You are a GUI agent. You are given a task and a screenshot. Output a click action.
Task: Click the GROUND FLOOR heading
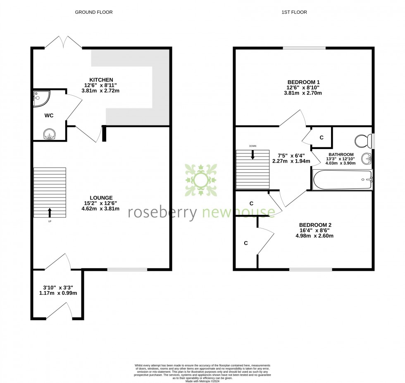tap(93, 12)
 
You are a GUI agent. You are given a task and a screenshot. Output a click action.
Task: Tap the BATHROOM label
tap(341, 154)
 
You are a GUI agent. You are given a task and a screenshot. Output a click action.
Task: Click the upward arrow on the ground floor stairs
tap(50, 212)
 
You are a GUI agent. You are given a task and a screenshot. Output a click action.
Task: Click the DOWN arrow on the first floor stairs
tap(252, 154)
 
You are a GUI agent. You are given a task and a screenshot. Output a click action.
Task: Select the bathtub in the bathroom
tap(342, 180)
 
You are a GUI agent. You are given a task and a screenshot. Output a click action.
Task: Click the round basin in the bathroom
tap(366, 158)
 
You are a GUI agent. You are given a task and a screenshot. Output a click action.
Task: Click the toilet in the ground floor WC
tap(50, 134)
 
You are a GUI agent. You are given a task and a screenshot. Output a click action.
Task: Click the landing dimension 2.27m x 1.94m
tap(291, 161)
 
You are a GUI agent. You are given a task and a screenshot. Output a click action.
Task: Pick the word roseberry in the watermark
tap(163, 212)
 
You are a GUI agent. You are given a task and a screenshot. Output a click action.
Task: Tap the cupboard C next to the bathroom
tap(321, 137)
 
